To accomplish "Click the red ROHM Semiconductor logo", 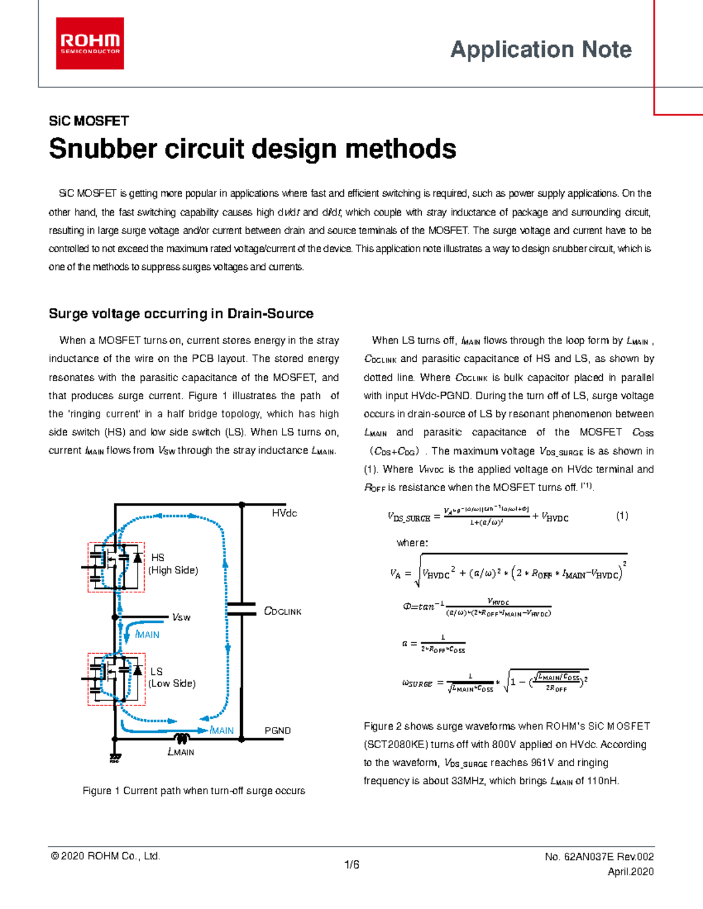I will [90, 43].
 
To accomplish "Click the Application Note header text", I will [541, 50].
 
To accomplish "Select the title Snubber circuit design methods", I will [252, 149].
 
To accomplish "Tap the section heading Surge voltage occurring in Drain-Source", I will [181, 314].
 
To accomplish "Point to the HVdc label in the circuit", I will [284, 513].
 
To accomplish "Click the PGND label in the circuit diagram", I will [278, 730].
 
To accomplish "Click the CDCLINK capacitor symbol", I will [241, 609].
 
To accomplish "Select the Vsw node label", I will [181, 617].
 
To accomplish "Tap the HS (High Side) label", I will [173, 564].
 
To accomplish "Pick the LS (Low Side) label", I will [172, 677].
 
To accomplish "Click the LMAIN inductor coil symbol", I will [182, 739].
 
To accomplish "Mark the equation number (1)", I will [622, 516].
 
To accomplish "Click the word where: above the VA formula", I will [412, 543].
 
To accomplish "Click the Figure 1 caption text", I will [194, 791].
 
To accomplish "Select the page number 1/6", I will [352, 865].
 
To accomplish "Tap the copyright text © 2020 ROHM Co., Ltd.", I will [105, 856].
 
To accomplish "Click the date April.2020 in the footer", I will [630, 872].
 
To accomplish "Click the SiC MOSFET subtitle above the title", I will [88, 121].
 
